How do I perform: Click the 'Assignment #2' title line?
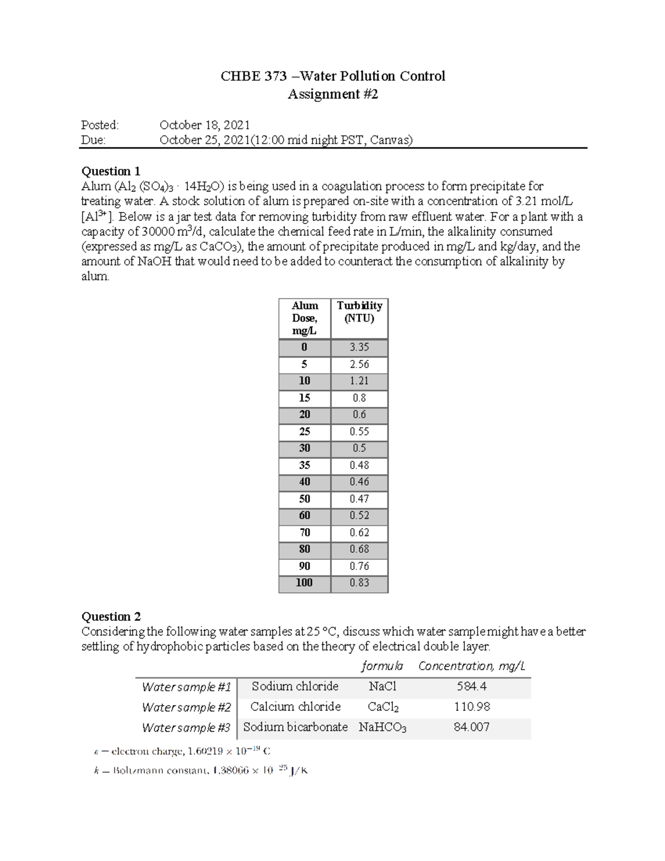tap(332, 94)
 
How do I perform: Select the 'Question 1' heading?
tap(111, 171)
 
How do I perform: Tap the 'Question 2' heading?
tap(111, 617)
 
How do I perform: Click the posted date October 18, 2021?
tap(204, 125)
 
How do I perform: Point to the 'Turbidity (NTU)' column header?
tap(360, 312)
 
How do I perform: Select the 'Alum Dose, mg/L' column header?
tap(305, 318)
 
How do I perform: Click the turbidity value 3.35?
tap(359, 347)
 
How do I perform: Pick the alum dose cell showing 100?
tap(304, 583)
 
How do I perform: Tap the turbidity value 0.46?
tap(359, 482)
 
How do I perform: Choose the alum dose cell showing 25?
tap(304, 431)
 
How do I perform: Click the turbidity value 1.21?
tap(359, 381)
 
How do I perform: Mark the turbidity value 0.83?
tap(359, 583)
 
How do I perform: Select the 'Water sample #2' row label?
tap(186, 707)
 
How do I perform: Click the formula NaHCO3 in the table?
tap(382, 727)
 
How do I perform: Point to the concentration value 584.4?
tap(472, 686)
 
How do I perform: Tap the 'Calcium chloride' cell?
tap(295, 707)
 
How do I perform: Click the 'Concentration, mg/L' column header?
tap(472, 666)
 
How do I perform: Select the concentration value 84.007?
tap(472, 727)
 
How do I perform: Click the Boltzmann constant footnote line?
tap(200, 771)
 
